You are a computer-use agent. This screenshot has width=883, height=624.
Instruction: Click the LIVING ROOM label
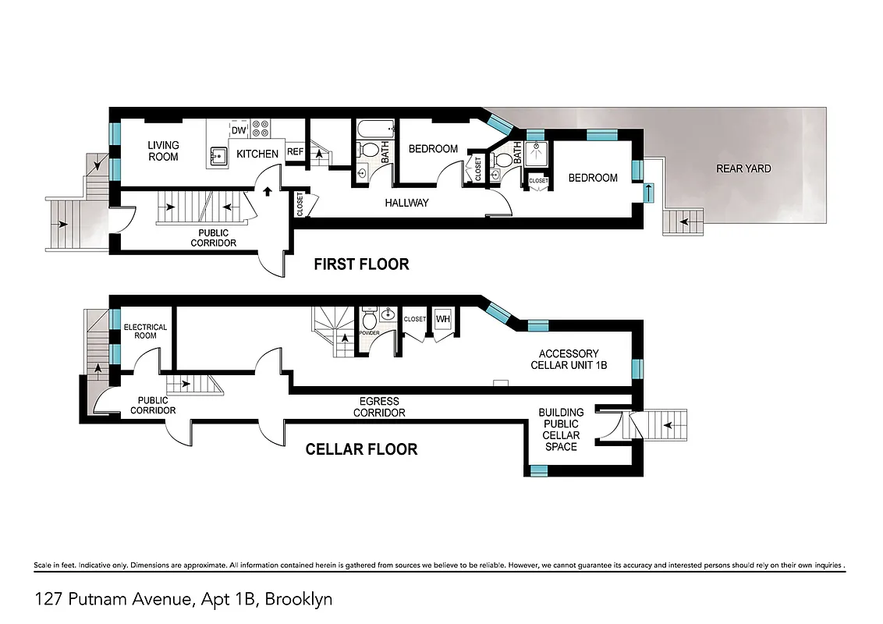click(x=163, y=151)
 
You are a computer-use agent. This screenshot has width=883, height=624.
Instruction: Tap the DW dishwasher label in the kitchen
click(x=239, y=130)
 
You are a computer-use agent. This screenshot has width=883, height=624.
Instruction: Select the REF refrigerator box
click(x=295, y=152)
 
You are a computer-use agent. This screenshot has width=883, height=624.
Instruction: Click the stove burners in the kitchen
click(x=261, y=128)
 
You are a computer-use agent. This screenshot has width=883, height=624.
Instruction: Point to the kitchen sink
click(x=217, y=156)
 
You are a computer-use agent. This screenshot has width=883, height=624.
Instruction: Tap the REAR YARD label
click(x=743, y=168)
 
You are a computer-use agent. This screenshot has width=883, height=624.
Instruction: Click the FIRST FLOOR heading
click(x=361, y=264)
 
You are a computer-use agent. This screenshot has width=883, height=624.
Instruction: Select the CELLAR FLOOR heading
click(x=361, y=449)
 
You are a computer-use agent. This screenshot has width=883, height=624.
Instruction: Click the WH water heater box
click(x=443, y=318)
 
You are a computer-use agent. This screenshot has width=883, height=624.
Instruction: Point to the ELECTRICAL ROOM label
click(x=146, y=331)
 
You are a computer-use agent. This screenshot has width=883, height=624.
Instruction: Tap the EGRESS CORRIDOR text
click(x=379, y=407)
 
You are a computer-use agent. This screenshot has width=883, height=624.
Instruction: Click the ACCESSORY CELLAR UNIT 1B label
click(x=569, y=359)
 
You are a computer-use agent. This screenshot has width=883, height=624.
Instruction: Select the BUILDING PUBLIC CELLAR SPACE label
click(x=561, y=429)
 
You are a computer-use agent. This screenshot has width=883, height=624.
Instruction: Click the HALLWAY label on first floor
click(x=406, y=203)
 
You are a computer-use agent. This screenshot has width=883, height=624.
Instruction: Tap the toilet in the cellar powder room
click(x=370, y=317)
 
